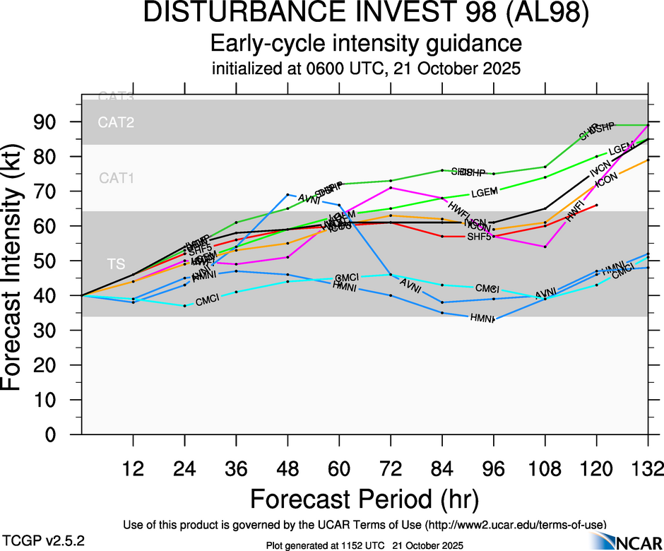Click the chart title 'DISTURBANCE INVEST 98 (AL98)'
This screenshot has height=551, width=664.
click(366, 14)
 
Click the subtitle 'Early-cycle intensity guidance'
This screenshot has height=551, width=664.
click(366, 44)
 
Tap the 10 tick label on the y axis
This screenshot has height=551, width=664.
click(49, 400)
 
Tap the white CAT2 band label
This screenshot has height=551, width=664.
click(116, 123)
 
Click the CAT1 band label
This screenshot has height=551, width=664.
click(116, 179)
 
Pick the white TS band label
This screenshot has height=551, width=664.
click(116, 264)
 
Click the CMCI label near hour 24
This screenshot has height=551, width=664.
click(209, 301)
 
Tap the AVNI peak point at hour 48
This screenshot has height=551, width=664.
click(287, 194)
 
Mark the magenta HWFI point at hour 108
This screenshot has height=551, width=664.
click(545, 247)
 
